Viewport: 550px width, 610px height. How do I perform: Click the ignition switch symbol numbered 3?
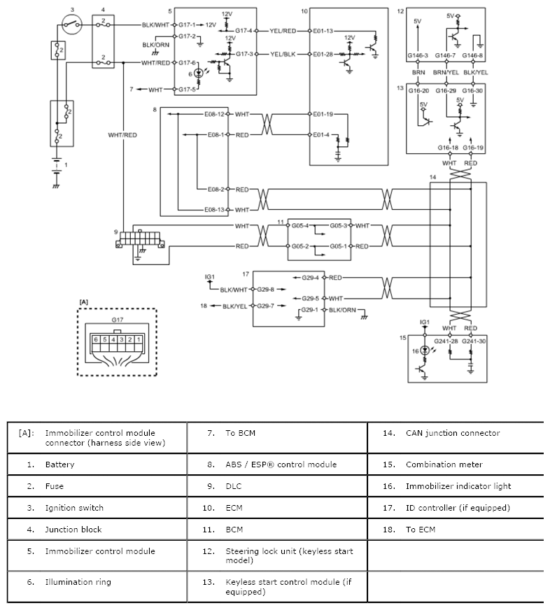[72, 25]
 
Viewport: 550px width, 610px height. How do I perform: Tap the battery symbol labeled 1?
[57, 166]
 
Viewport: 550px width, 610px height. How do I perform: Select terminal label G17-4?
[244, 31]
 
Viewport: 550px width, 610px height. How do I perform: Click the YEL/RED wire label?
[283, 31]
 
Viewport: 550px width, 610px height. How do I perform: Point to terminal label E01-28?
[323, 54]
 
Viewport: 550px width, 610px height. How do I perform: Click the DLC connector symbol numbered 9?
[140, 240]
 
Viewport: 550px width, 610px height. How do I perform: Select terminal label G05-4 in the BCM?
[300, 226]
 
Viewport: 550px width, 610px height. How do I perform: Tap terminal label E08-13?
[215, 210]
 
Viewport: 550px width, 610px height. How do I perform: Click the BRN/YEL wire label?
[446, 72]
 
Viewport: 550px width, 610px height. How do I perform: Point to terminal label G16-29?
[446, 91]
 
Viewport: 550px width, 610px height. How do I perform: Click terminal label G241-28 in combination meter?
[446, 341]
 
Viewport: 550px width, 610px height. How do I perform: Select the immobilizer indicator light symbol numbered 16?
[425, 351]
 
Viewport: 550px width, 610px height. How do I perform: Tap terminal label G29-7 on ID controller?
[265, 306]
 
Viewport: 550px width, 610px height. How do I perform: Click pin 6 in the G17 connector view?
[96, 339]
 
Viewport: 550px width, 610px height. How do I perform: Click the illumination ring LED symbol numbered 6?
[199, 73]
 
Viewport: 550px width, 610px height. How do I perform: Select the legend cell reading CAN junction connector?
[453, 433]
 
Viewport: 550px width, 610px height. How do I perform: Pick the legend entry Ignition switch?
[74, 508]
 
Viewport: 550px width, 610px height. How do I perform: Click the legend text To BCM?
[241, 433]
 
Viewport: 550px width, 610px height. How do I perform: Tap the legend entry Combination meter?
[444, 464]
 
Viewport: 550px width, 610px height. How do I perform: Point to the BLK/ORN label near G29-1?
[343, 310]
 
